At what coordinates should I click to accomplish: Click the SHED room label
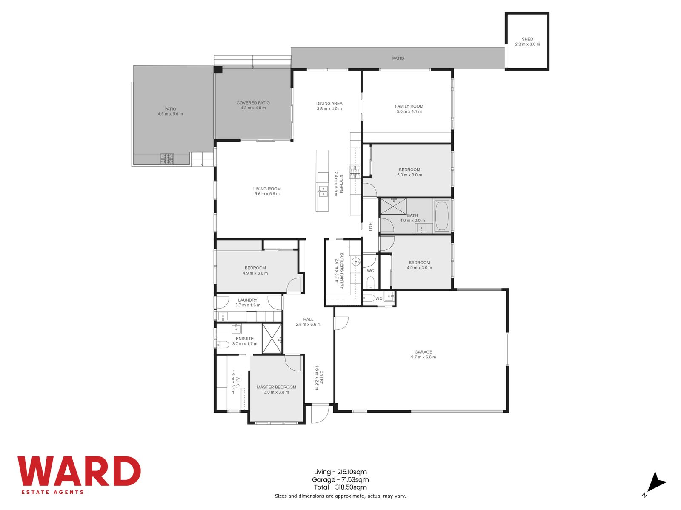pyautogui.click(x=527, y=40)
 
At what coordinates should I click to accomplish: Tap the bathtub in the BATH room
pyautogui.click(x=442, y=216)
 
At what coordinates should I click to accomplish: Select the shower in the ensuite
pyautogui.click(x=272, y=338)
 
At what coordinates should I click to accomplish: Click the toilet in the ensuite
pyautogui.click(x=223, y=344)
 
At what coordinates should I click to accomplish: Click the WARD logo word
pyautogui.click(x=79, y=471)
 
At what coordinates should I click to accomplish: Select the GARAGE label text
pyautogui.click(x=423, y=352)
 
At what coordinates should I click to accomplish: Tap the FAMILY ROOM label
pyautogui.click(x=409, y=106)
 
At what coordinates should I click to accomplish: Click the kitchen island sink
pyautogui.click(x=323, y=192)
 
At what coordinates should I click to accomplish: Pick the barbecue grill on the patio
pyautogui.click(x=166, y=159)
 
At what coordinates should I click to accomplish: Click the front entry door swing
pyautogui.click(x=320, y=414)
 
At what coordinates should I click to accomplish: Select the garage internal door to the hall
pyautogui.click(x=341, y=323)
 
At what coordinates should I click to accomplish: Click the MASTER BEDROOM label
pyautogui.click(x=276, y=387)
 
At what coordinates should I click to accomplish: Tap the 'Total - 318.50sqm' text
pyautogui.click(x=340, y=487)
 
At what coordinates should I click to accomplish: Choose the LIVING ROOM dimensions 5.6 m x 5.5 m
pyautogui.click(x=267, y=194)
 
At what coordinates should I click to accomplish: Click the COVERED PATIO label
pyautogui.click(x=253, y=103)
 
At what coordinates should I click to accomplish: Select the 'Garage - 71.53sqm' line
pyautogui.click(x=340, y=480)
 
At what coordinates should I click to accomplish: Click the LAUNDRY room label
pyautogui.click(x=247, y=300)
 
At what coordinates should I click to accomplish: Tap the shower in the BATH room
pyautogui.click(x=393, y=206)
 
